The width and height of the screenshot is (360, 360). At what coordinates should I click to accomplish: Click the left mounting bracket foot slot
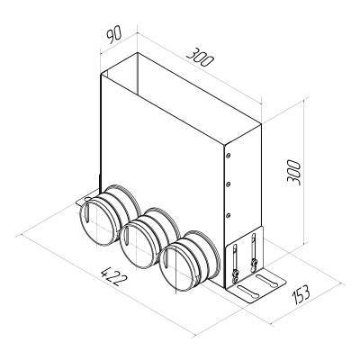[x=85, y=197]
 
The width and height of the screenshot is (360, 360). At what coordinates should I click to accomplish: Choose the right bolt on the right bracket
[x=256, y=262]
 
